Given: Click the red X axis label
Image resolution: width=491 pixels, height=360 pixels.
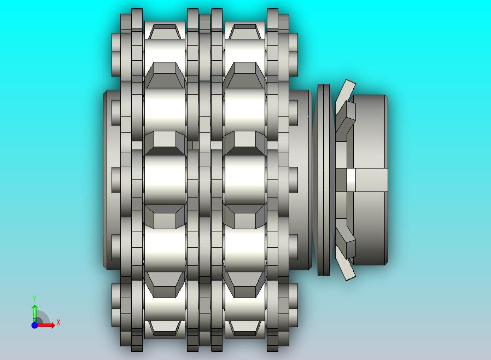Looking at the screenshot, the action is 59,322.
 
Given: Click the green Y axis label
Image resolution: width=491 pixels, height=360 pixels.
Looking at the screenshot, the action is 34,298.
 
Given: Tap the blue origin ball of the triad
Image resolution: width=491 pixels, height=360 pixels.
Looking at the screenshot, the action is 35,325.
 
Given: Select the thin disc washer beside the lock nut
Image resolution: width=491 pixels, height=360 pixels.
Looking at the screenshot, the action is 324,180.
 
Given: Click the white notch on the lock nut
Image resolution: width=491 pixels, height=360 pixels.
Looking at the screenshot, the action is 350,180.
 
